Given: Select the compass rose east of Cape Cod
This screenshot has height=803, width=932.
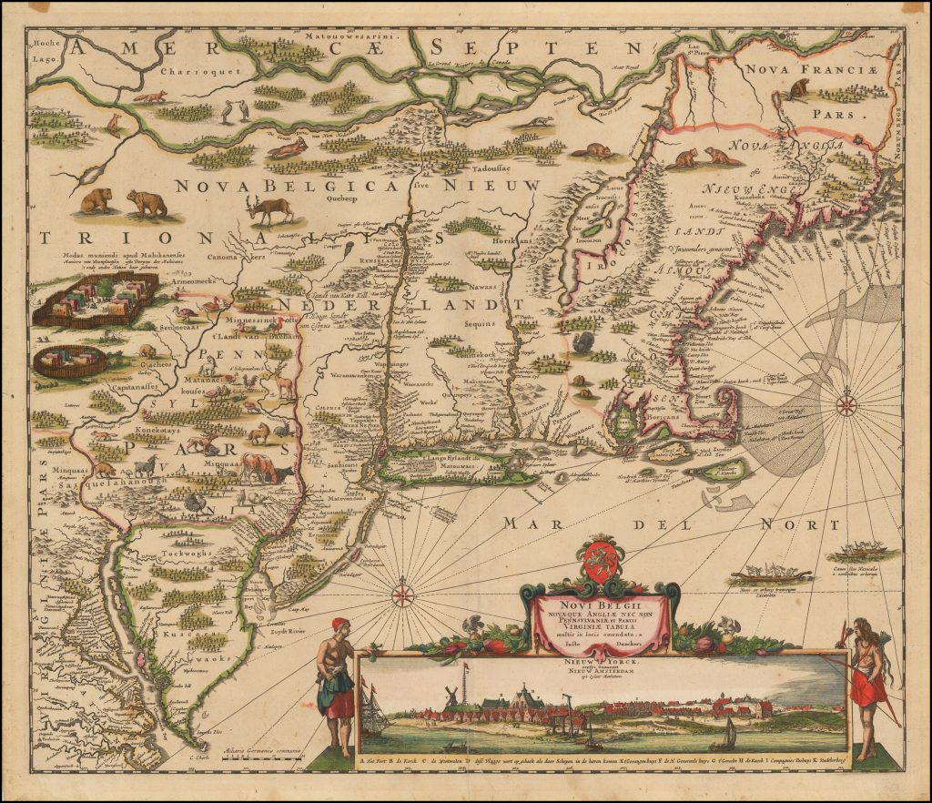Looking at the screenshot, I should click(846, 402).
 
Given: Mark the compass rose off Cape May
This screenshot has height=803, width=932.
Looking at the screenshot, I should click(403, 596).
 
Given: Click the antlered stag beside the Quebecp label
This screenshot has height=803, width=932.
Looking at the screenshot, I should click(270, 208).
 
